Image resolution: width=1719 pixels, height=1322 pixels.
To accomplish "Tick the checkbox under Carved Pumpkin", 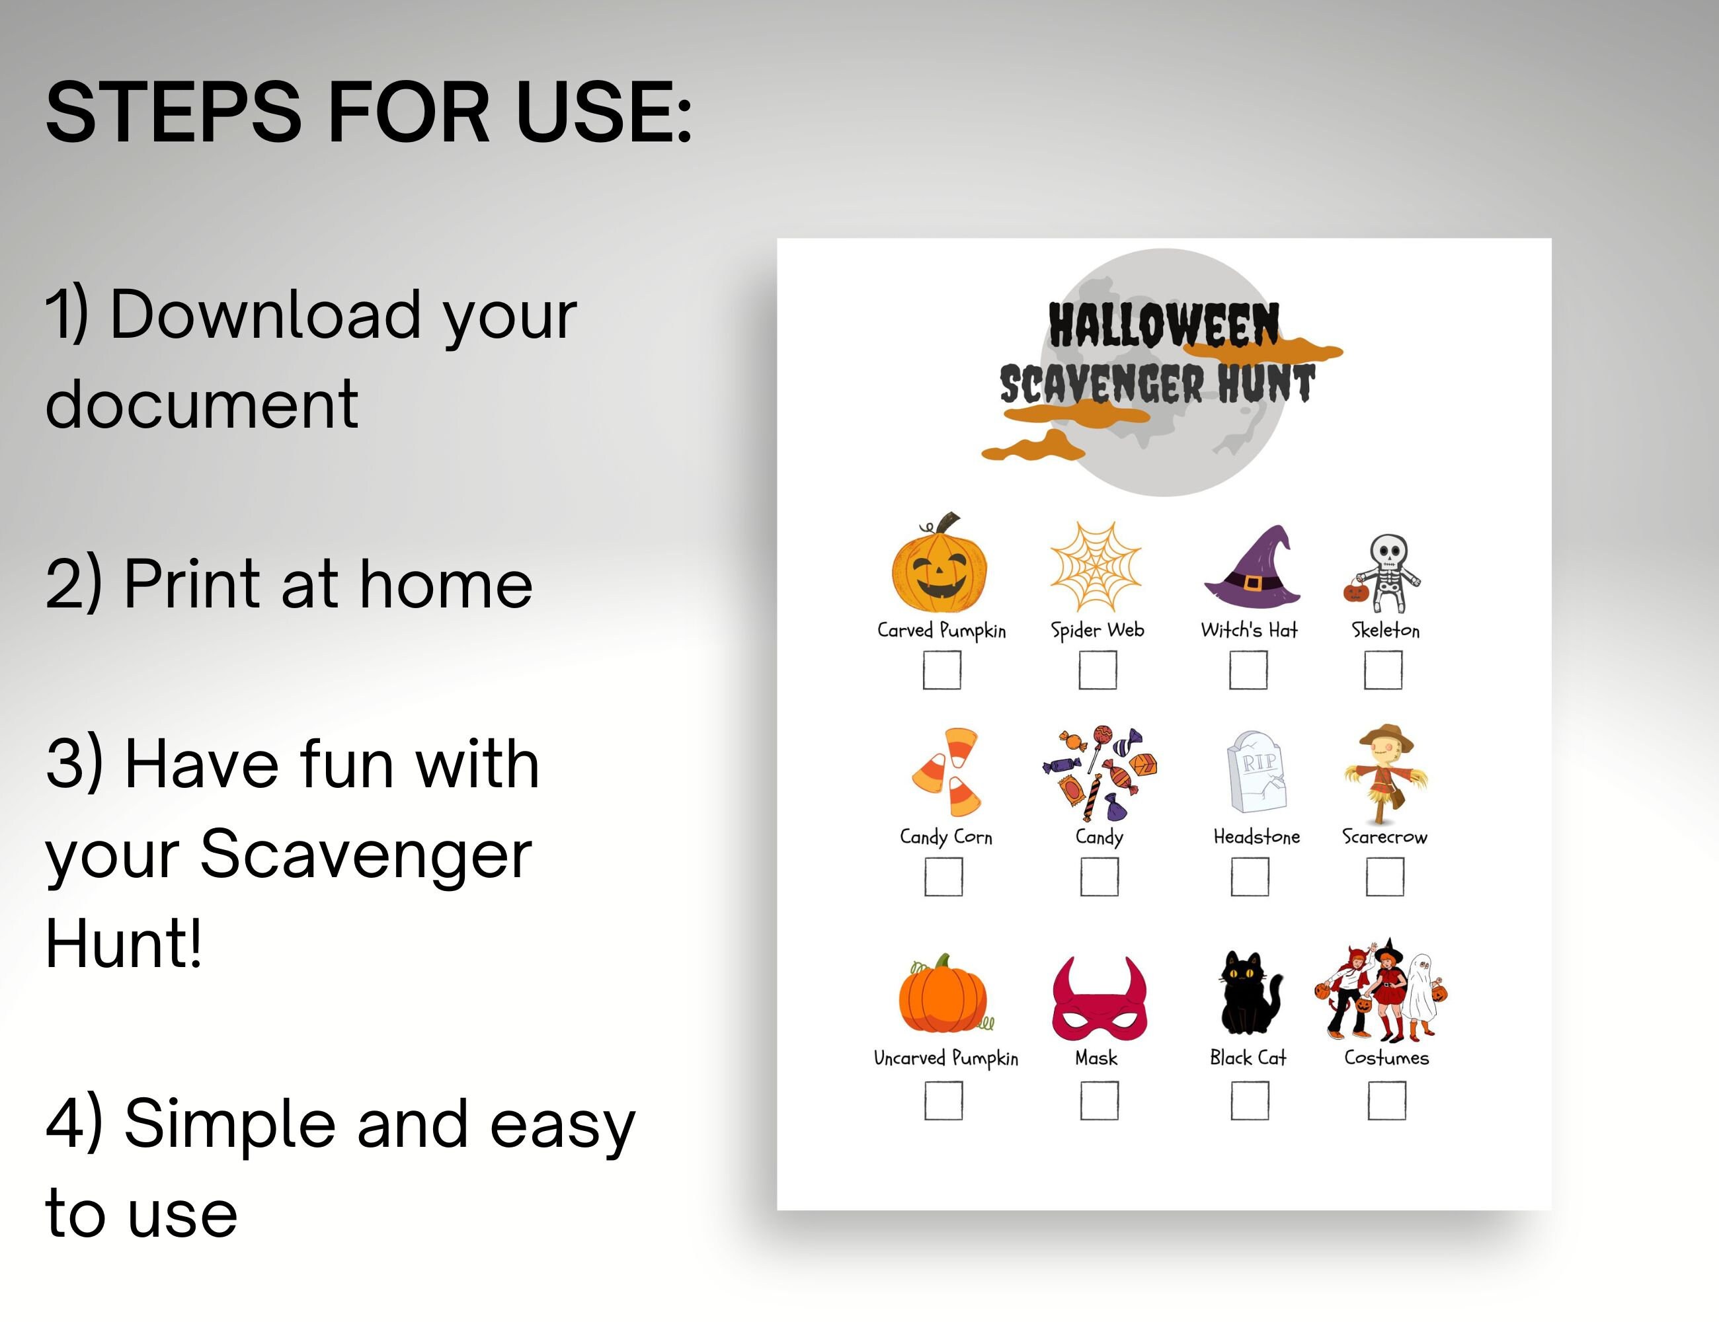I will [941, 670].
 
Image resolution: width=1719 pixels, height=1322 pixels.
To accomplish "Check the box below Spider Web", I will [1098, 670].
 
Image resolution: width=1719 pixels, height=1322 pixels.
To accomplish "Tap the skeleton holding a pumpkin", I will [1384, 573].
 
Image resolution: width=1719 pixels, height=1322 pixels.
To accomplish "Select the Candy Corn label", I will [945, 836].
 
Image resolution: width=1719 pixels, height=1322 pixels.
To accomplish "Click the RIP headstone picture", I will [1257, 772].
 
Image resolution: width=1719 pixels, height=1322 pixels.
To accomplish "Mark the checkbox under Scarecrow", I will [1384, 876].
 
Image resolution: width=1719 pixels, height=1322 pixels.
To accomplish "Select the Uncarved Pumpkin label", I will [945, 1058].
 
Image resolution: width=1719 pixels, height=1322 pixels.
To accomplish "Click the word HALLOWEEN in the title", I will [1164, 325].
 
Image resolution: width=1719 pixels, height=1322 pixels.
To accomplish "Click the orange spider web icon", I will [1096, 566].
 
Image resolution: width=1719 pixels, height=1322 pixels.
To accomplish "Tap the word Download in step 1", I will [265, 315].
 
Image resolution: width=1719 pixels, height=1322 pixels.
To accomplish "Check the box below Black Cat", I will [1249, 1100].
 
